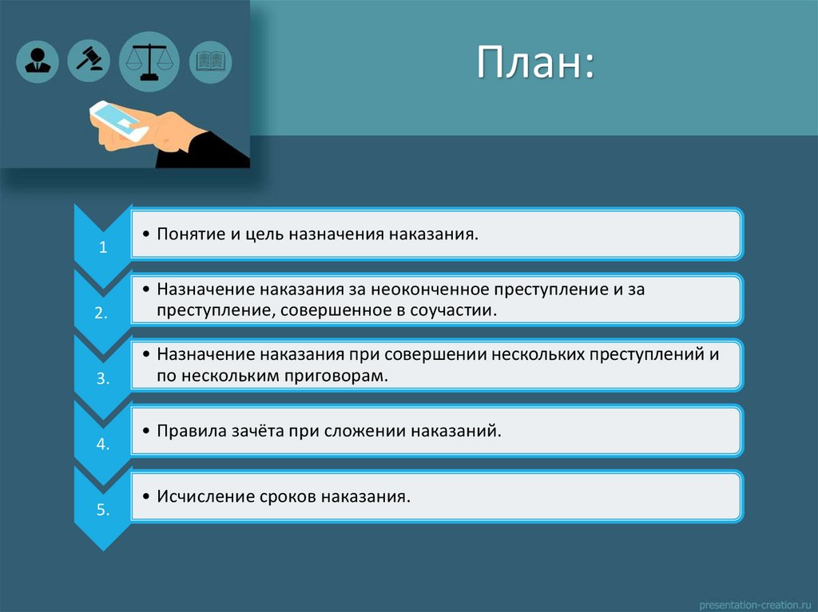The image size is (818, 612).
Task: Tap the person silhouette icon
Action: click(37, 61)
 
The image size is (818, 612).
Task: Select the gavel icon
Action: click(89, 60)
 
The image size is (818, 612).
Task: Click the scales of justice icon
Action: click(149, 61)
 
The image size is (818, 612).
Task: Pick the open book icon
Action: click(211, 61)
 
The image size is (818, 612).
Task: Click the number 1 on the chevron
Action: click(103, 247)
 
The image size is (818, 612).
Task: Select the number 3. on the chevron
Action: click(102, 379)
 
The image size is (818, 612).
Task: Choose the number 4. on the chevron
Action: click(102, 444)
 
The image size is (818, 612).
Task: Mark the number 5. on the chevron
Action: click(102, 510)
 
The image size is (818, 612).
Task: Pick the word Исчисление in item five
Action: click(204, 496)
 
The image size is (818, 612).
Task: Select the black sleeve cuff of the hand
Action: click(204, 152)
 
